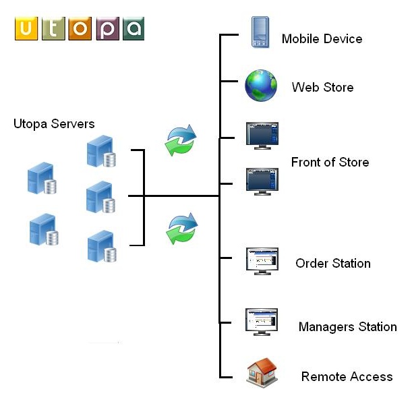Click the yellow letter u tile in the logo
point(26,29)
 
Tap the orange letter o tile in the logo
point(79,29)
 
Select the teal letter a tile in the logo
point(133,29)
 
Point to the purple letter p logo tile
point(107,29)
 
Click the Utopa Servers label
point(54,124)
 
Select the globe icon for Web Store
point(261,86)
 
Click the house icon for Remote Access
point(262,372)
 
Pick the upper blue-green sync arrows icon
point(181,140)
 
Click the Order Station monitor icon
point(262,260)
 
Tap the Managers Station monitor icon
point(262,322)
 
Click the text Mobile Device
point(322,39)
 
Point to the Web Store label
point(322,88)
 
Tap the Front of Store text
point(330,163)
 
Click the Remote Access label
point(347,377)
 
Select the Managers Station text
point(347,327)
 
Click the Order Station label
point(333,264)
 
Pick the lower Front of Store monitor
point(262,181)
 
